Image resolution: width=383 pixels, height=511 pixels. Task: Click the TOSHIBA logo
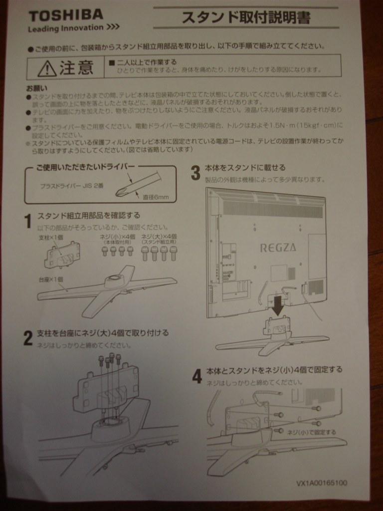[x=65, y=15]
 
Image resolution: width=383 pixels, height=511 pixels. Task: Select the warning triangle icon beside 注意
[x=46, y=67]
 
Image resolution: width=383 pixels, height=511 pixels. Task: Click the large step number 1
[x=28, y=221]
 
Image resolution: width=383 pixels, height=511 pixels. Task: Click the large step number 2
[x=28, y=338]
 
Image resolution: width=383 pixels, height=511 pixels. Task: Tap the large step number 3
[x=196, y=173]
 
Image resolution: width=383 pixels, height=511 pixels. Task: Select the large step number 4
[x=197, y=376]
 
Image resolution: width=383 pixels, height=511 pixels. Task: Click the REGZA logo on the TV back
[x=278, y=247]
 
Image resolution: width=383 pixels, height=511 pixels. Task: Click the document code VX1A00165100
[x=322, y=483]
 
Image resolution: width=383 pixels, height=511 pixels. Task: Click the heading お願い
[x=36, y=88]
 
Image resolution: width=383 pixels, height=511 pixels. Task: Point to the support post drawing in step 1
[x=62, y=255]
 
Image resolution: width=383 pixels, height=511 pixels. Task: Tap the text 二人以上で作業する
[x=143, y=62]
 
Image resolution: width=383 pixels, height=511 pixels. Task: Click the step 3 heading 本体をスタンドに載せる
[x=245, y=168]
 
